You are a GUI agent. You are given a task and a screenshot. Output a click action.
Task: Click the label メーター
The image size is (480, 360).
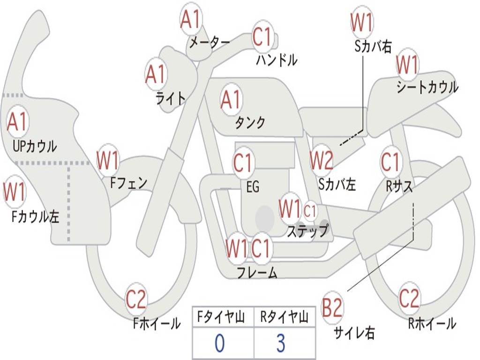click(x=209, y=43)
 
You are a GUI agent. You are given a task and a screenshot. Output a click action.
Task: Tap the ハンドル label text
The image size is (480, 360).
click(x=277, y=60)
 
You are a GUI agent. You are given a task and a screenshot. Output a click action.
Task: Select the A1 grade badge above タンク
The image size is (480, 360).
click(x=231, y=99)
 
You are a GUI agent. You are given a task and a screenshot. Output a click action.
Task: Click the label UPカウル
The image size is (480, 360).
click(x=35, y=146)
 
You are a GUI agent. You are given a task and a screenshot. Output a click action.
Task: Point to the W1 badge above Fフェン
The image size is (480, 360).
click(x=108, y=160)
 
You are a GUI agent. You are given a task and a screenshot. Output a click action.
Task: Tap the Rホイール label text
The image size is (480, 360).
click(x=432, y=323)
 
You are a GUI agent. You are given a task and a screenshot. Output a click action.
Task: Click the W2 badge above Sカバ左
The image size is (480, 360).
click(x=322, y=161)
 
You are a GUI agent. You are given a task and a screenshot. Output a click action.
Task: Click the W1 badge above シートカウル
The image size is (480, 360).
click(x=407, y=65)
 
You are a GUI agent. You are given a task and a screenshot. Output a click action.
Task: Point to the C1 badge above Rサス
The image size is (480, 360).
click(x=390, y=162)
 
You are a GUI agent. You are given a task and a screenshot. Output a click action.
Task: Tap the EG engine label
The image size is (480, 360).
click(x=253, y=187)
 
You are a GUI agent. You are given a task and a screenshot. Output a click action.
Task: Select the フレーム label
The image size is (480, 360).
click(x=257, y=272)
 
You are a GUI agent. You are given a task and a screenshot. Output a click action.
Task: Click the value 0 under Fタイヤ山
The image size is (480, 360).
click(x=220, y=343)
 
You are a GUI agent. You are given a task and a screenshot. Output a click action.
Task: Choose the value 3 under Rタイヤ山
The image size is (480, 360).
click(x=281, y=343)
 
